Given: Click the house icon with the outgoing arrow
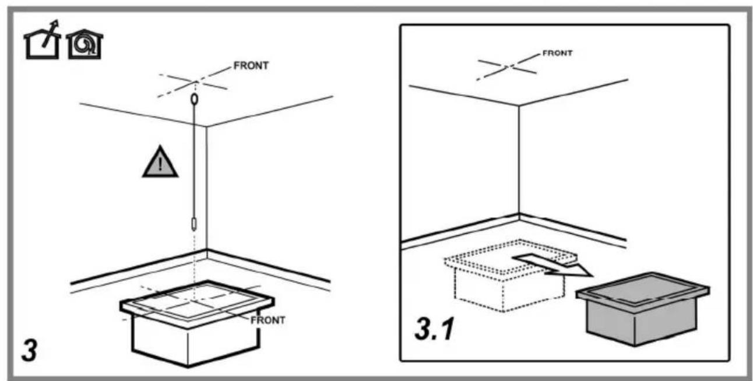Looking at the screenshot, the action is coord(43,40).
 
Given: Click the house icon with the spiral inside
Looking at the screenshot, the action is coord(85,44).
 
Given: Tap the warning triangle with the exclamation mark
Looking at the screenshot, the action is coord(160,162).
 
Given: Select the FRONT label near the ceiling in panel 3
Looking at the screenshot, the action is coord(251,65).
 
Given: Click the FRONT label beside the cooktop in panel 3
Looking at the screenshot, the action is coord(268,320).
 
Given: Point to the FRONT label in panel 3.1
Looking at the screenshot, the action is coord(557,53).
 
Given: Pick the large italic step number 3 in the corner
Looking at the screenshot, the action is coord(30,351).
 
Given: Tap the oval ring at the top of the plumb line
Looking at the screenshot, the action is coord(194,99).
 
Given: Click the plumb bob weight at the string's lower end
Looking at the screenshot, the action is coord(194,224).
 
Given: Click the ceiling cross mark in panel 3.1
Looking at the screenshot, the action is coord(508,66).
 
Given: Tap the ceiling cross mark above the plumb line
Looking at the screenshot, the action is coord(193,82).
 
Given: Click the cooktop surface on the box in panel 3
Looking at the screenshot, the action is coord(197,300).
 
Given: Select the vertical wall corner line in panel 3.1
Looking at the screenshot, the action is coord(519,160).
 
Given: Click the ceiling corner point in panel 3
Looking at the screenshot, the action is coord(206,126).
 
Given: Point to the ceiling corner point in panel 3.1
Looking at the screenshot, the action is coord(519,106).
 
